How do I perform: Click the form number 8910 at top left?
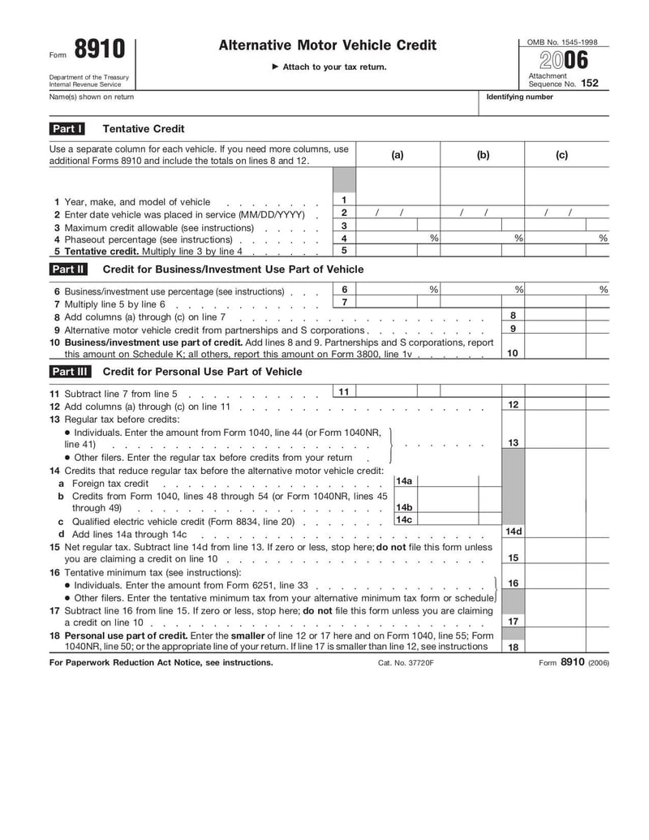(x=100, y=50)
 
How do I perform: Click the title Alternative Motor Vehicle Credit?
(x=327, y=45)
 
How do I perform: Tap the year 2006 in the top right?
(x=564, y=61)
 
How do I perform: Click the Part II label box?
(x=67, y=269)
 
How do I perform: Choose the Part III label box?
(x=70, y=372)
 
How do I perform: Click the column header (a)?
(x=398, y=155)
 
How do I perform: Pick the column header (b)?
(x=484, y=155)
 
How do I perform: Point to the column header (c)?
(x=561, y=155)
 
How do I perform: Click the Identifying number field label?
(x=519, y=97)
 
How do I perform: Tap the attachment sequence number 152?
(x=590, y=83)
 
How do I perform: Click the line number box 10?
(x=513, y=354)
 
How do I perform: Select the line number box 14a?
(x=404, y=481)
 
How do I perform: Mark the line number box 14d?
(x=513, y=532)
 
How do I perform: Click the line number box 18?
(x=513, y=647)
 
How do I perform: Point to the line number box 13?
(x=513, y=443)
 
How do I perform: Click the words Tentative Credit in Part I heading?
(x=144, y=128)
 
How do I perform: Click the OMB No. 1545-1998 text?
(x=562, y=41)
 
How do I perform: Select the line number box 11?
(x=344, y=392)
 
